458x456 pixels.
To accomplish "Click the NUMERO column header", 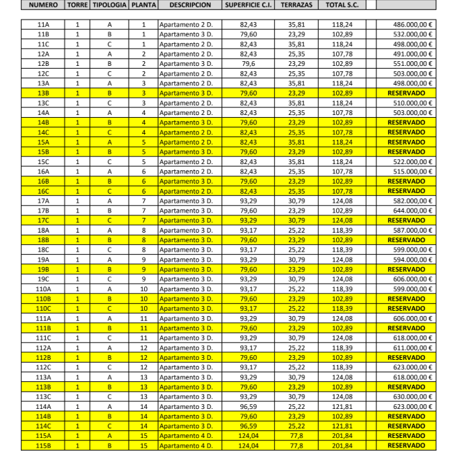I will coord(43,5).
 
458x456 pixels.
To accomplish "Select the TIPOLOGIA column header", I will coord(109,5).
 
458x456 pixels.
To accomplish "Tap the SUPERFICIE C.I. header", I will coord(247,5).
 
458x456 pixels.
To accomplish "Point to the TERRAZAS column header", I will coord(296,5).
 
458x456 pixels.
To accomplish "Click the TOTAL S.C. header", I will coord(342,5).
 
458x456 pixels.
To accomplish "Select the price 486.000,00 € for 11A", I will coord(413,24).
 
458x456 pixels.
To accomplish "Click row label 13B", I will coord(43,93).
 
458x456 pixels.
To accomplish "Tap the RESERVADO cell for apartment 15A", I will coord(406,142).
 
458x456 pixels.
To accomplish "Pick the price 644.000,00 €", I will coord(413,211).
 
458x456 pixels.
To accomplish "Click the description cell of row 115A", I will coord(187,436).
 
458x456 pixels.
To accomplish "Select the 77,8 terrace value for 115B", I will coord(296,445).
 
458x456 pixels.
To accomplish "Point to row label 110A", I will coord(43,289).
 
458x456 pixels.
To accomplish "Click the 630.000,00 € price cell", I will coord(413,396).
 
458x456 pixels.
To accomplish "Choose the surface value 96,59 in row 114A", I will coord(248,406).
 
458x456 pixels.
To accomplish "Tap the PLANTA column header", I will coord(143,5).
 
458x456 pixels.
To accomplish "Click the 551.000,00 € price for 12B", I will coord(413,63).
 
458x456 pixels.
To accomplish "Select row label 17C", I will coord(43,220).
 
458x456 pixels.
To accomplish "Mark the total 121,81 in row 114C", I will coord(342,426).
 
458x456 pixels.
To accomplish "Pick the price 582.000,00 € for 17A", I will coord(413,200).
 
